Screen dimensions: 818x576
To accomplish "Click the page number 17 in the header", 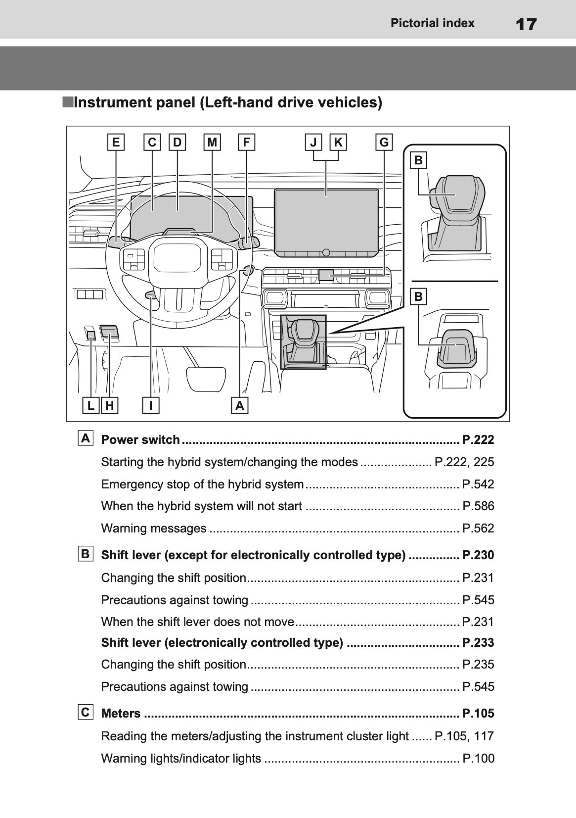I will (x=526, y=24).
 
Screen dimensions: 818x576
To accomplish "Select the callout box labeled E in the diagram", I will (x=116, y=143).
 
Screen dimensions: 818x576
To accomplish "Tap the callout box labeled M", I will (x=212, y=143).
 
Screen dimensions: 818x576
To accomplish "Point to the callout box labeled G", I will (x=384, y=143).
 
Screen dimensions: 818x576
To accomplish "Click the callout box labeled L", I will (x=91, y=406).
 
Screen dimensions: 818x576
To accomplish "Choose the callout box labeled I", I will (x=151, y=406).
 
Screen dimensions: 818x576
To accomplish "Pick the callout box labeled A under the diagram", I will (x=240, y=406).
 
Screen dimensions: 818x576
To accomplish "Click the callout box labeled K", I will (x=338, y=143).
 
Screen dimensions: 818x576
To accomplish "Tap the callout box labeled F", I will (x=246, y=143).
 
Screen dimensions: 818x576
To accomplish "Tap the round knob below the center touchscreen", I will (x=326, y=252).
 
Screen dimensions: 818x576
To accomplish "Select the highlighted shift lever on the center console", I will (x=303, y=341).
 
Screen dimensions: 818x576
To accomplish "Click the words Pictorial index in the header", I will (x=432, y=23).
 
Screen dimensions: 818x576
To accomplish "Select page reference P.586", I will (x=478, y=506).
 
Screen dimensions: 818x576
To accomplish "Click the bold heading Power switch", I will (x=140, y=440).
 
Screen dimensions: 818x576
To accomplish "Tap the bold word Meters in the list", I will (x=121, y=714).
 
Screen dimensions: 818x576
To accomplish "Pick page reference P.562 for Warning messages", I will (x=478, y=529).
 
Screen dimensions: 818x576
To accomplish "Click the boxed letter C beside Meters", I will (x=86, y=712).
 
